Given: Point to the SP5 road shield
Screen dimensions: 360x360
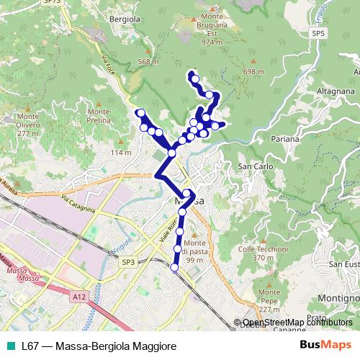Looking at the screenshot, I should [x=318, y=33].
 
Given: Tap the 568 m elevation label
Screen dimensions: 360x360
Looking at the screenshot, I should [x=147, y=62].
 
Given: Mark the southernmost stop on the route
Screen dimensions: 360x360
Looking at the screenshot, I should [x=174, y=267].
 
